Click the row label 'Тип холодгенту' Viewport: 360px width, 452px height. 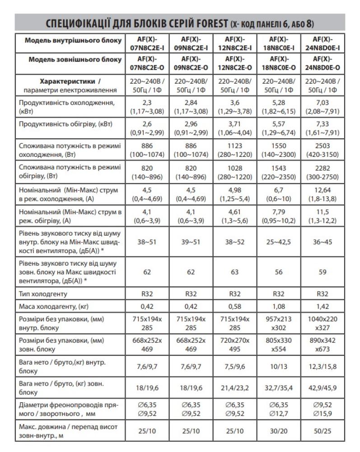(x=43, y=294)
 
